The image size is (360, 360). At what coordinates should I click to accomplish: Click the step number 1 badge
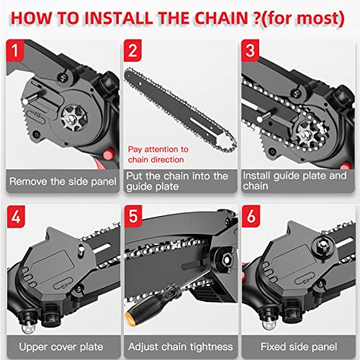17,51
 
